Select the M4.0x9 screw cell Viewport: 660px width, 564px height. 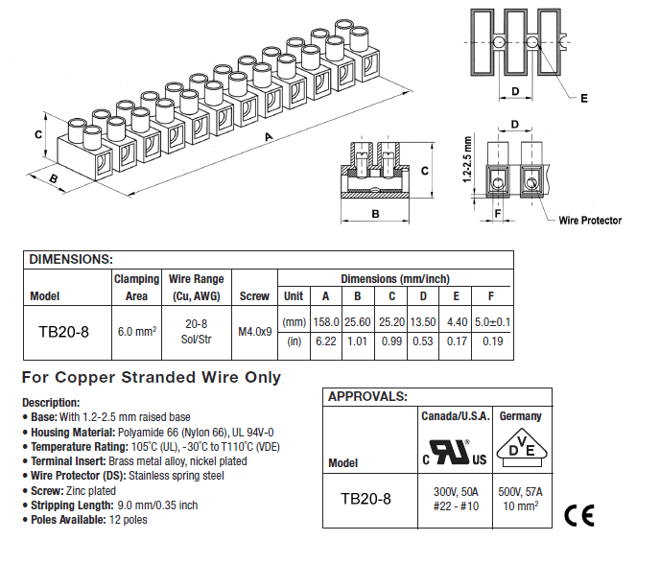[x=254, y=331]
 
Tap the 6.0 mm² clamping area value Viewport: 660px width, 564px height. [x=136, y=331]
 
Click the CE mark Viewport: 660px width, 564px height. [x=578, y=515]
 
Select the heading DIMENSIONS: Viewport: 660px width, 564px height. [x=71, y=259]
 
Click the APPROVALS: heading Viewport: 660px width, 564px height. [x=367, y=396]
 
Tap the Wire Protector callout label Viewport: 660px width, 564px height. [x=590, y=221]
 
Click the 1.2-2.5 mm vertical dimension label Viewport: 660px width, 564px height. [x=467, y=158]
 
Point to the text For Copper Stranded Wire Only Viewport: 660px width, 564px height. [x=152, y=377]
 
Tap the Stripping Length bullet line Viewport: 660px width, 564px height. [x=113, y=505]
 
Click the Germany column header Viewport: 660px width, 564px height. [x=521, y=416]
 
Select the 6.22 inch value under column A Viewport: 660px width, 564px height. [x=325, y=341]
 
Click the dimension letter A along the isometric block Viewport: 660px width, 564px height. [x=271, y=138]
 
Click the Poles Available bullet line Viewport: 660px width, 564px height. [x=88, y=520]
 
